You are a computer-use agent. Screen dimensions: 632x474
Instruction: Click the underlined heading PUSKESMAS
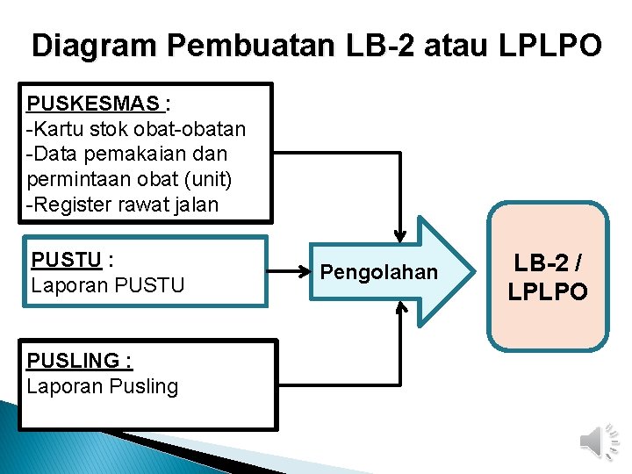click(x=95, y=104)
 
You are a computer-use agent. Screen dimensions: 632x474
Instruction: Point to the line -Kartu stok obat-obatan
click(x=136, y=129)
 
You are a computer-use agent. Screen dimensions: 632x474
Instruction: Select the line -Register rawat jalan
click(x=122, y=205)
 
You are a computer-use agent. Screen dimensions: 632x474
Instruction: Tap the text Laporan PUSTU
click(x=107, y=284)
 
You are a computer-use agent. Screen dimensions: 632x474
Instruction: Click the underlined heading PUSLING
click(x=79, y=361)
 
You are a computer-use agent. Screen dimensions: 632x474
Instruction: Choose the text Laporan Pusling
click(x=102, y=386)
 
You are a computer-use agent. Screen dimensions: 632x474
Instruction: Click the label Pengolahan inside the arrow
click(x=378, y=272)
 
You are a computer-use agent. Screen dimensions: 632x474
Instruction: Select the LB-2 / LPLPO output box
click(x=548, y=276)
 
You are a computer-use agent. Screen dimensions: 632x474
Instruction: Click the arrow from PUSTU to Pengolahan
click(x=290, y=272)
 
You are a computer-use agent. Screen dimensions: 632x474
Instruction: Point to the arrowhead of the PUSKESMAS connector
click(x=400, y=235)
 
